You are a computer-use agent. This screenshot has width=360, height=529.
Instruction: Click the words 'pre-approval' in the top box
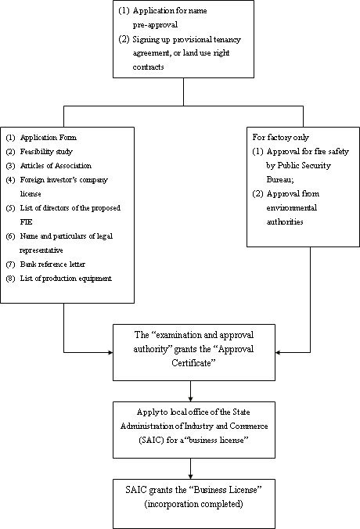point(155,25)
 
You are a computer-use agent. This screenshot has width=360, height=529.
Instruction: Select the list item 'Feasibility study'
point(46,152)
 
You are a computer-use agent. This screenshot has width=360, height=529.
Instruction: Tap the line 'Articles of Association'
point(56,166)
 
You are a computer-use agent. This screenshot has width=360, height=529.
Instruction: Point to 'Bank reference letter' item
point(52,264)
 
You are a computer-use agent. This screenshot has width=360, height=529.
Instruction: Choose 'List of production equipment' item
point(66,279)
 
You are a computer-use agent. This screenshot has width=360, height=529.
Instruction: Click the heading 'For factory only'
point(281,137)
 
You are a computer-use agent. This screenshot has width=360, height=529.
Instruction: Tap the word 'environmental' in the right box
point(291,207)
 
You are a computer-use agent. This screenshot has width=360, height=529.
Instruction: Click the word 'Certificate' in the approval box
point(193,363)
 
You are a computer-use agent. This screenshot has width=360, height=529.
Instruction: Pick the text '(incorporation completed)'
point(193,504)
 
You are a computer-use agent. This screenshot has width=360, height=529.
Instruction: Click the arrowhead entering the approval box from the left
point(110,353)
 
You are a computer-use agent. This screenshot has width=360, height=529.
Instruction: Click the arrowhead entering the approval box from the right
point(278,353)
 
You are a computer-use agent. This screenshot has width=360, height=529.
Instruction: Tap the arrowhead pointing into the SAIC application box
point(191,399)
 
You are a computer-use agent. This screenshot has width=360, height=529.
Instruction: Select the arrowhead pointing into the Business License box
point(191,477)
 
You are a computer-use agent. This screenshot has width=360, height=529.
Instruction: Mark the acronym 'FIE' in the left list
point(27,222)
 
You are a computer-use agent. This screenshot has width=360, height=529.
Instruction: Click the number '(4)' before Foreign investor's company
point(10,180)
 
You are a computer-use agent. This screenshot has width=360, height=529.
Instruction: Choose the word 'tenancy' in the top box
point(227,39)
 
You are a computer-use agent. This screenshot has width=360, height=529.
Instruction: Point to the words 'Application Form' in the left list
point(49,138)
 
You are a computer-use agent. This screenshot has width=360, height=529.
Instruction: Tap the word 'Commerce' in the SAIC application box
point(249,426)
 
